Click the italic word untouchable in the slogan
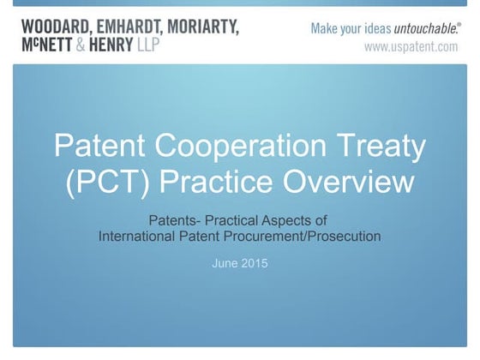(421, 28)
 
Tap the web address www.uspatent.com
(411, 47)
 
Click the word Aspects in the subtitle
(303, 221)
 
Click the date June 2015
(239, 263)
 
